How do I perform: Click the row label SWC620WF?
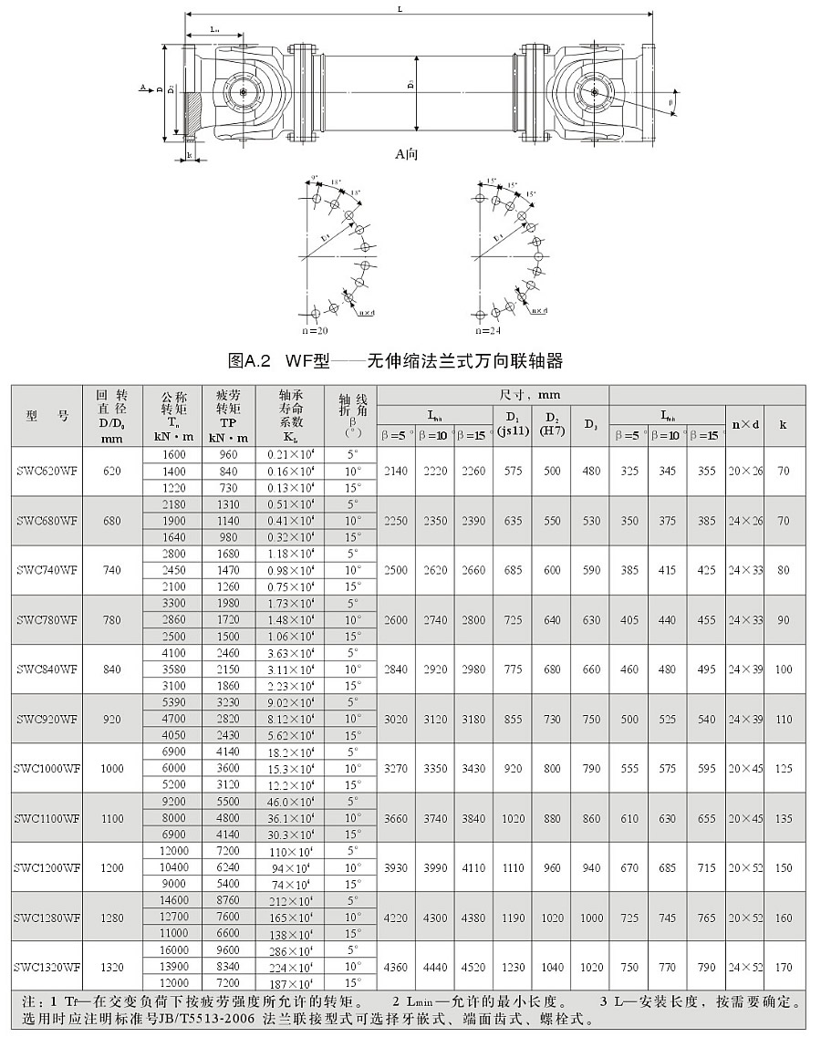[47, 471]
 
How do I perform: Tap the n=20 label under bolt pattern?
[316, 329]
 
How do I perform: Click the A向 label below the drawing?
[407, 155]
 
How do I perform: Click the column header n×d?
[743, 423]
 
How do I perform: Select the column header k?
[784, 423]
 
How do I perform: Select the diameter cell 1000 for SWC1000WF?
[112, 768]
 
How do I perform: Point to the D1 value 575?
[512, 471]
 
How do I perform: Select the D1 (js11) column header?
[512, 423]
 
